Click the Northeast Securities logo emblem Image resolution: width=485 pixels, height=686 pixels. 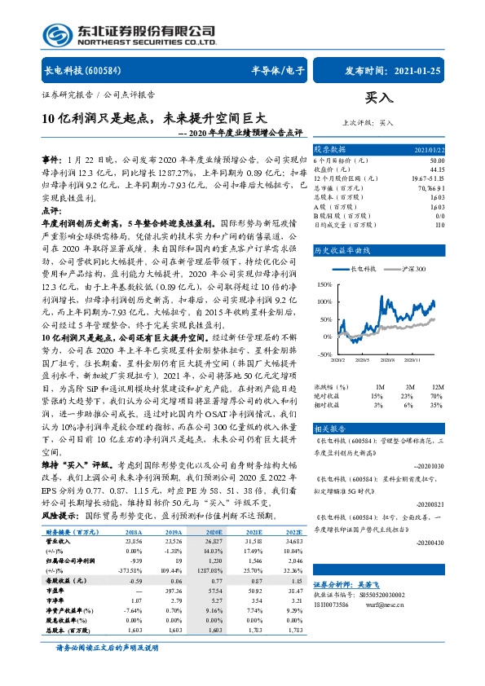pos(57,33)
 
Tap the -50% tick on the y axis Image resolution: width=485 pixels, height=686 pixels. pos(324,354)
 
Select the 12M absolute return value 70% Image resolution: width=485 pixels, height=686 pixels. pos(438,395)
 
